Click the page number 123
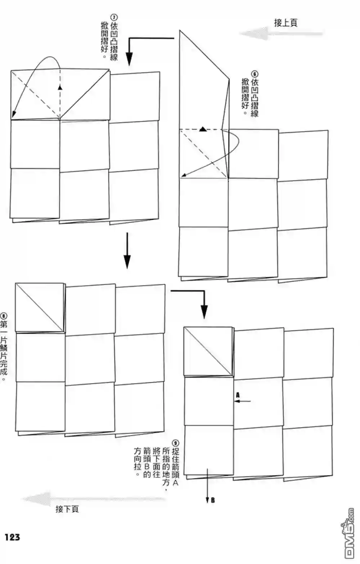pos(12,537)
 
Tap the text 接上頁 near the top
pos(285,23)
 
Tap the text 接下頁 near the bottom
pos(67,509)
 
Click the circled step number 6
pos(255,74)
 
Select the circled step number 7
pos(114,17)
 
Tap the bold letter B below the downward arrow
pos(213,500)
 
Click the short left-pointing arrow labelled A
pos(242,401)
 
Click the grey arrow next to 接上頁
pos(281,33)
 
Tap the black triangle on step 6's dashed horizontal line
pos(203,129)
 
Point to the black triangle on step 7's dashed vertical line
pos(60,87)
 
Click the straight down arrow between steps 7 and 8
pos(127,251)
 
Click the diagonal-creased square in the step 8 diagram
pos(40,307)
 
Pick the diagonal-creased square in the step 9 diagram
pos(208,352)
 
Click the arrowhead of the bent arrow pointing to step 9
pos(204,312)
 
